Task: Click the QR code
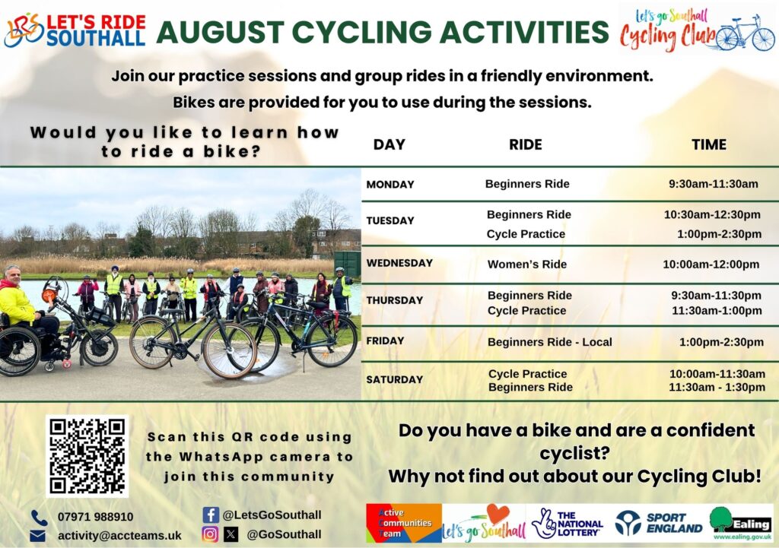pos(87,456)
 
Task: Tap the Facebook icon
pos(211,515)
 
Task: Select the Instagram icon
pos(210,534)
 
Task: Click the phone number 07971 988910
pos(95,517)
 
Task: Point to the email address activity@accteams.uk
pos(119,536)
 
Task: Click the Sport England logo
pos(659,523)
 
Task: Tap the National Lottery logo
pos(567,523)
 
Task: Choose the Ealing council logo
pos(742,523)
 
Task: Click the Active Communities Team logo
pos(403,523)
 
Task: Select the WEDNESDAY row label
pos(399,263)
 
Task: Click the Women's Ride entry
pos(527,264)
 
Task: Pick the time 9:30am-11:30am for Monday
pos(714,184)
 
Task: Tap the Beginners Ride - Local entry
pos(550,342)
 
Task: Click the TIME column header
pos(709,144)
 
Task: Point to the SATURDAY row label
pos(395,380)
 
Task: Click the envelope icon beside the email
pos(38,536)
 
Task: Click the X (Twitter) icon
pos(231,534)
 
